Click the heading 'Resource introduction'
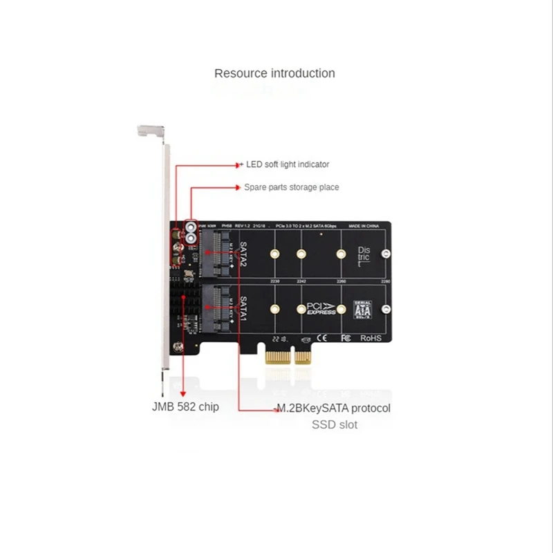pos(274,73)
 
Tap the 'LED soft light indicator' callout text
pos(288,165)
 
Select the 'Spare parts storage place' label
pos(291,187)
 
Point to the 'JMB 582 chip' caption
pos(185,406)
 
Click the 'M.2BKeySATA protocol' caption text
pos(333,408)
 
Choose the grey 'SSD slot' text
pos(334,424)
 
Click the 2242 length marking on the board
pos(301,281)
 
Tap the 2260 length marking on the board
pos(340,281)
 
